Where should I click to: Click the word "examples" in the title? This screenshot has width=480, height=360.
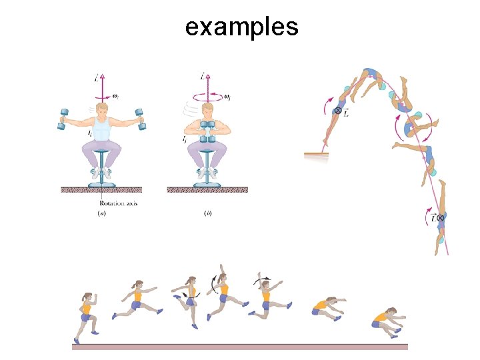click(x=241, y=27)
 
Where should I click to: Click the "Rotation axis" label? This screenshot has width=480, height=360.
click(x=118, y=203)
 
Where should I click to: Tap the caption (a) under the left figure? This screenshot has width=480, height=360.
click(x=101, y=213)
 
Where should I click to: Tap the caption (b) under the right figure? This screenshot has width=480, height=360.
click(x=208, y=213)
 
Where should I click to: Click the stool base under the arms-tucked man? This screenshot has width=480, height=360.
click(x=207, y=183)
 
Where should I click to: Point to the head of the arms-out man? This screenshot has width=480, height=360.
click(x=102, y=110)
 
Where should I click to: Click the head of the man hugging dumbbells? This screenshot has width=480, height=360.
click(x=207, y=109)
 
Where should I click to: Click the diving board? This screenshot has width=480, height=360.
click(x=317, y=155)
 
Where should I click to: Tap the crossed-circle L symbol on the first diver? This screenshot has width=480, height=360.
click(x=338, y=111)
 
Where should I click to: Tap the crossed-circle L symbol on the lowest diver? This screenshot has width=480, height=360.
click(x=441, y=218)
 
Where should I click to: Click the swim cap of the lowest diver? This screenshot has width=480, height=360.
click(x=441, y=239)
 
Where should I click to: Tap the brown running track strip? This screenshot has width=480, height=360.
click(x=240, y=347)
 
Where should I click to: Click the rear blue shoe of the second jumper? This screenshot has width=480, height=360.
click(x=115, y=314)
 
